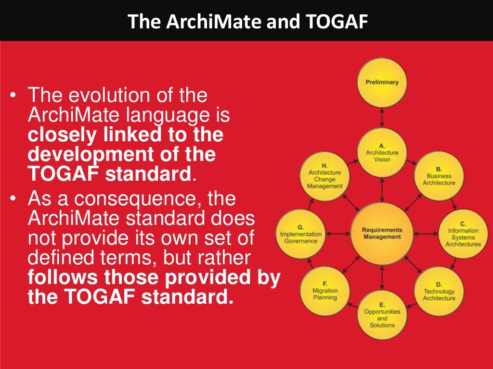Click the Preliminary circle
pyautogui.click(x=382, y=83)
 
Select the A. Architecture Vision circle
pyautogui.click(x=382, y=152)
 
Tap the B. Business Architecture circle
pyautogui.click(x=439, y=176)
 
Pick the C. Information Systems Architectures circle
pyautogui.click(x=463, y=234)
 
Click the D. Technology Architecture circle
pyautogui.click(x=439, y=291)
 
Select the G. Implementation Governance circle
pyautogui.click(x=301, y=234)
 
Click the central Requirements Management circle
pyautogui.click(x=382, y=234)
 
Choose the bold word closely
pyautogui.click(x=60, y=135)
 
